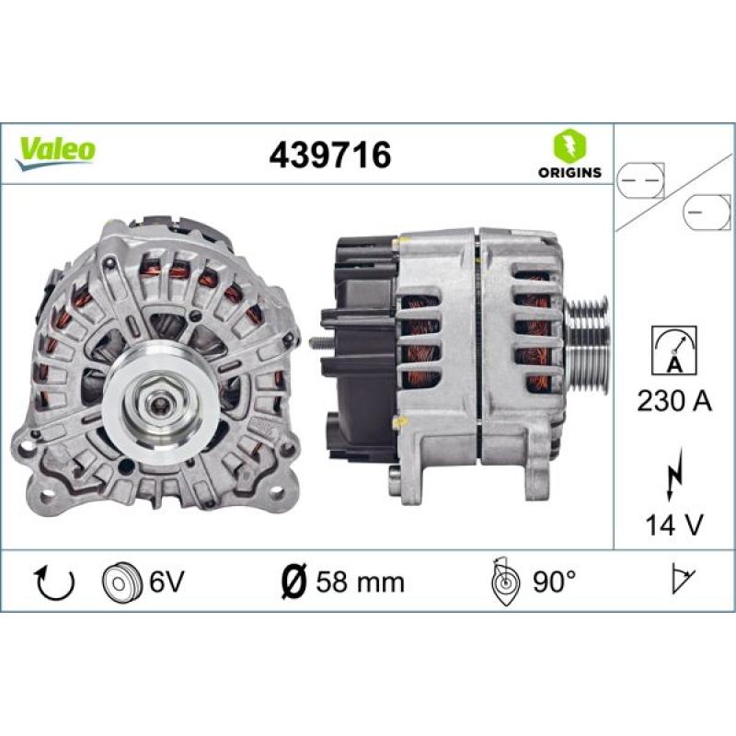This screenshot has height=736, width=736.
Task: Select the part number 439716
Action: [x=329, y=155]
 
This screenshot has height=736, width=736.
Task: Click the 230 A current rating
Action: [x=673, y=401]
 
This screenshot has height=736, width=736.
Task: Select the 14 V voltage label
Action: [x=673, y=524]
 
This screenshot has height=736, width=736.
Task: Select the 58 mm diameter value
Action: [x=360, y=582]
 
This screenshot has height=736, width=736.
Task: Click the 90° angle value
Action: [x=554, y=582]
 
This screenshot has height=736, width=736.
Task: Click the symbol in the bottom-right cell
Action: [x=681, y=581]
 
